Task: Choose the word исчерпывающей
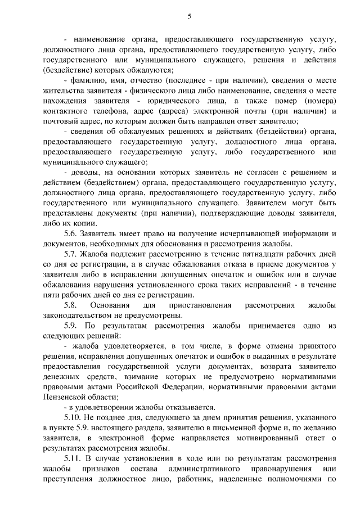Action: (247, 233)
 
